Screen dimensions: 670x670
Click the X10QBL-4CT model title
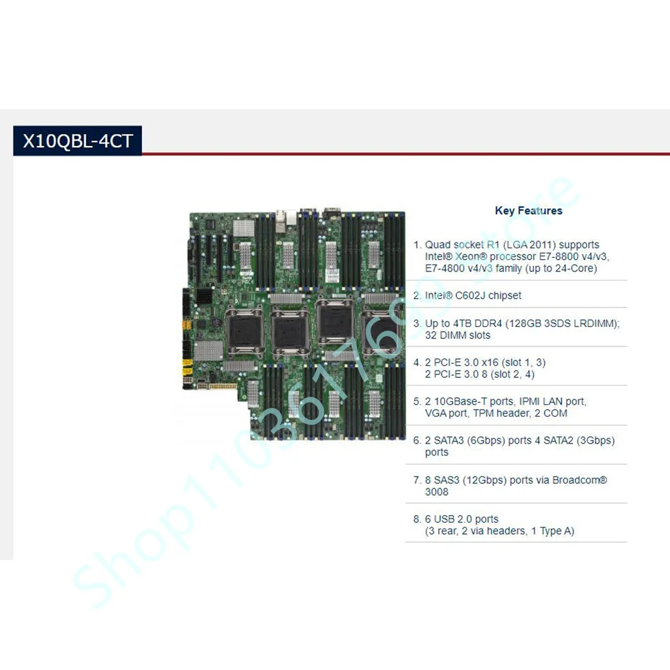pyautogui.click(x=78, y=141)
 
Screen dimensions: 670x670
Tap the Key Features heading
pyautogui.click(x=529, y=210)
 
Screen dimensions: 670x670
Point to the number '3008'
pyautogui.click(x=437, y=492)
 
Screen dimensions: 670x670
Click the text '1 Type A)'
pyautogui.click(x=549, y=531)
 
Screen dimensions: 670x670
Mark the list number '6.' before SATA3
pyautogui.click(x=417, y=440)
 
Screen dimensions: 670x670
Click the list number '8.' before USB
pyautogui.click(x=417, y=519)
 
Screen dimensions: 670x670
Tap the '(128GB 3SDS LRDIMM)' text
pyautogui.click(x=563, y=324)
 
